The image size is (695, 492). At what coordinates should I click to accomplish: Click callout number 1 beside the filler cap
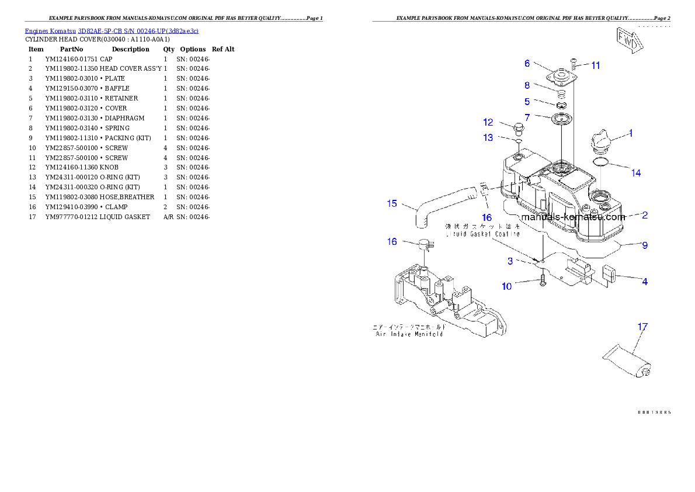pyautogui.click(x=630, y=133)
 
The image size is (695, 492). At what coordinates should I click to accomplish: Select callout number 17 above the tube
pyautogui.click(x=642, y=327)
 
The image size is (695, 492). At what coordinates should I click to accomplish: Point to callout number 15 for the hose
pyautogui.click(x=392, y=203)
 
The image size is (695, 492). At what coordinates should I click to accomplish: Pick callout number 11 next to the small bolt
pyautogui.click(x=595, y=65)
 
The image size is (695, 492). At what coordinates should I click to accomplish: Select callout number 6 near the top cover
pyautogui.click(x=527, y=63)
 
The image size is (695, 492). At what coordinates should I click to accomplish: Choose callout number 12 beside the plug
pyautogui.click(x=488, y=122)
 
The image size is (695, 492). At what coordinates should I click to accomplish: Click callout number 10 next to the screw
pyautogui.click(x=506, y=286)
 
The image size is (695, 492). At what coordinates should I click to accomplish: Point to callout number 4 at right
pyautogui.click(x=645, y=282)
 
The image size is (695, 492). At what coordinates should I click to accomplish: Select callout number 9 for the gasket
pyautogui.click(x=645, y=245)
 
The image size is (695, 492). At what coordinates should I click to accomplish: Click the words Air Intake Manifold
pyautogui.click(x=409, y=334)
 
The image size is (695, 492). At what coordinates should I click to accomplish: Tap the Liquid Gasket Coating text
pyautogui.click(x=482, y=234)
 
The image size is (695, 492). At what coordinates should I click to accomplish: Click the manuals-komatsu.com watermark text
pyautogui.click(x=573, y=217)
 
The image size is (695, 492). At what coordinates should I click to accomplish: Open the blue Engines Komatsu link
pyautogui.click(x=112, y=31)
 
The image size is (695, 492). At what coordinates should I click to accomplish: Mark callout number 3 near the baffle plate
pyautogui.click(x=510, y=260)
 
